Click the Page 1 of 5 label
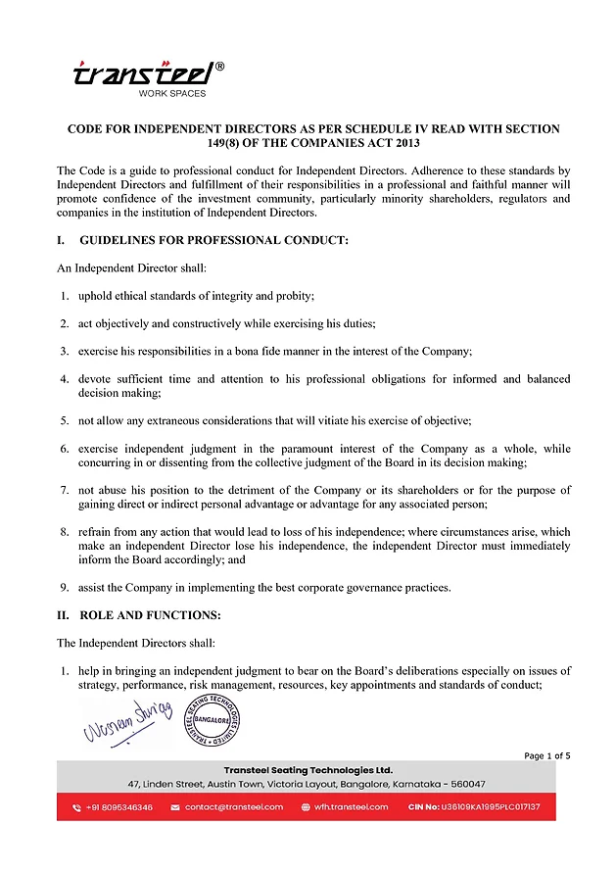click(547, 755)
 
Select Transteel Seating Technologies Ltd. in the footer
click(307, 770)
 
